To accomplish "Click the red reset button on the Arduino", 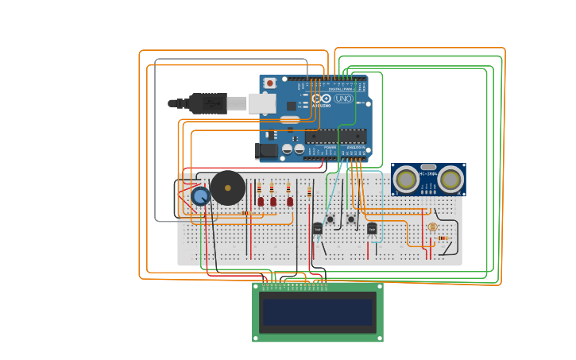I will [270, 83].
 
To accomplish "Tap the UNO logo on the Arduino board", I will [343, 99].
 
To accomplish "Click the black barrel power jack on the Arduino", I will [266, 149].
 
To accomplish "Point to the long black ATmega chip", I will [335, 136].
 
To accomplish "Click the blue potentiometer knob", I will [200, 195].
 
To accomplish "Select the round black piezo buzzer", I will [228, 188].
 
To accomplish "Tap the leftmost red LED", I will [261, 201].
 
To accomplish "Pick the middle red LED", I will [273, 201].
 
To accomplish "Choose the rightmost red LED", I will [290, 201].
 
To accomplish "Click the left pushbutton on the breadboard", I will [331, 219].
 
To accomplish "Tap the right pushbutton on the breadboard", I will [350, 219].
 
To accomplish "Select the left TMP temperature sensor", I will [318, 228].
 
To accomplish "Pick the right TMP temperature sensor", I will [372, 228].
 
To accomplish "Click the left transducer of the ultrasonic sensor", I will [407, 180].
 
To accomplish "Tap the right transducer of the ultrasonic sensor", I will [450, 180].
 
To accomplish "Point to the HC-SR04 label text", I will [428, 172].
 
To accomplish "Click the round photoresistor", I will [432, 227].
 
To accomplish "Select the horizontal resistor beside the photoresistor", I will [443, 238].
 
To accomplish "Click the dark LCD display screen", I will [318, 312].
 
